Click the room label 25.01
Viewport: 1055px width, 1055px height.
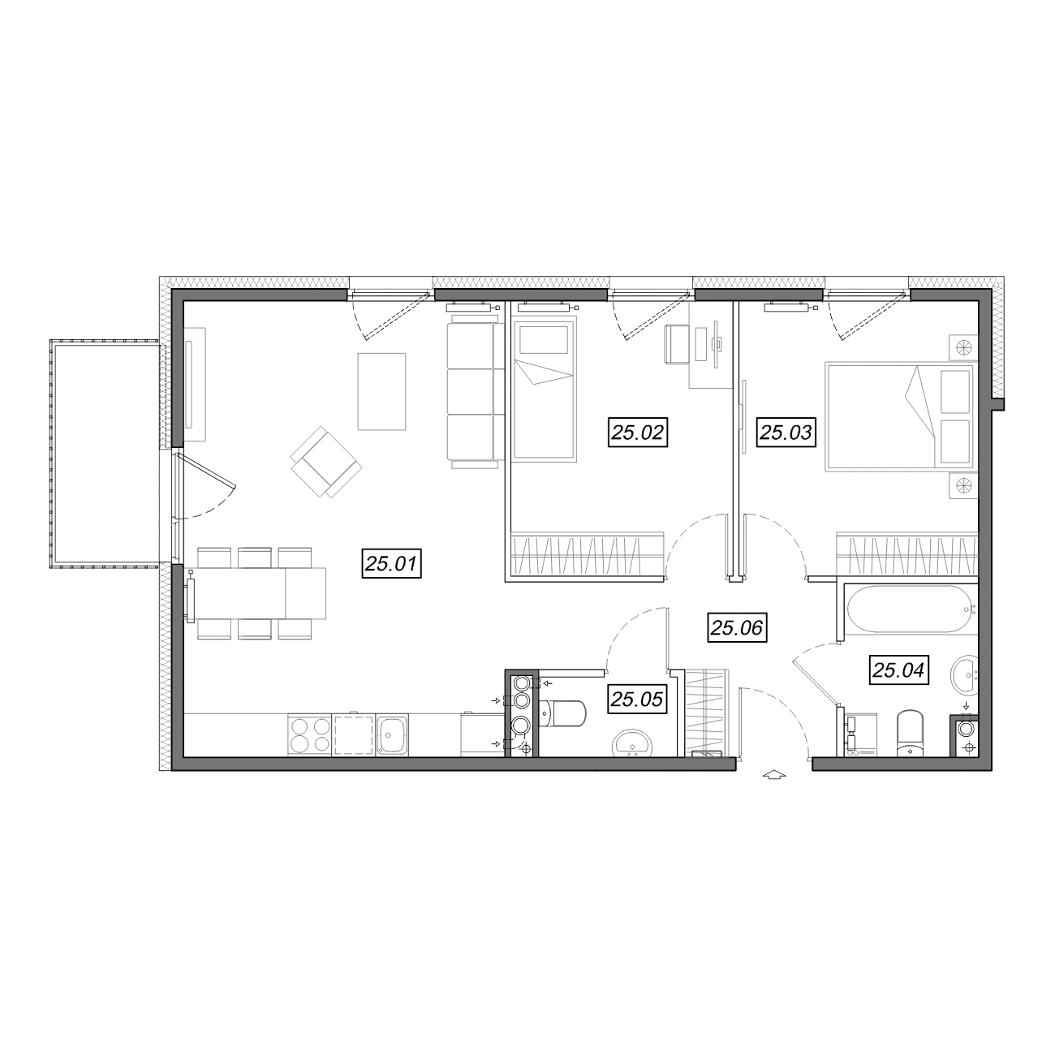[391, 564]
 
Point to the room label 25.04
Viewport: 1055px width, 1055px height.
[898, 670]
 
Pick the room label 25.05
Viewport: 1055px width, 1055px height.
[637, 699]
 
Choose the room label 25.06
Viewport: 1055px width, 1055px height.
[737, 628]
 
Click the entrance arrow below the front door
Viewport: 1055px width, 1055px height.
[774, 774]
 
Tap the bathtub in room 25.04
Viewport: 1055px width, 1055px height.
[911, 609]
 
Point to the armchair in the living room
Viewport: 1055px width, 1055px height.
[326, 462]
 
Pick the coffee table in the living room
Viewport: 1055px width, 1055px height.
[382, 391]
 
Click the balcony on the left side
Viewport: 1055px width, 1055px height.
[104, 454]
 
